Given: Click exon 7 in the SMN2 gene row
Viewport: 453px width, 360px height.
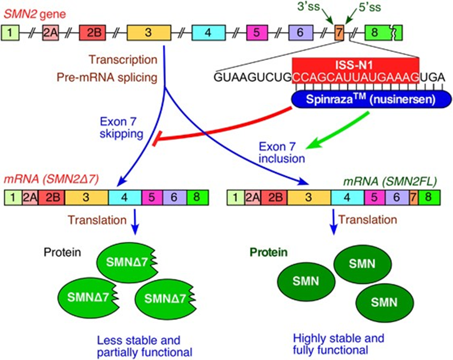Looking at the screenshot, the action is tap(339, 33).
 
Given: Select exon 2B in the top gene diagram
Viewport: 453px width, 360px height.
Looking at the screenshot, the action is tap(92, 33).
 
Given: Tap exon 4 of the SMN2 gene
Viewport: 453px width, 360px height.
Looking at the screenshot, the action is tap(209, 33).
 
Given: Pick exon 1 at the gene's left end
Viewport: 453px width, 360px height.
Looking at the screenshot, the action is tap(10, 33).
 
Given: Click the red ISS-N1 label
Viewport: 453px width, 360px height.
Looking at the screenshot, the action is tap(355, 65).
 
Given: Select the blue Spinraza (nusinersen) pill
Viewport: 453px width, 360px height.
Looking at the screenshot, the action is tap(371, 100).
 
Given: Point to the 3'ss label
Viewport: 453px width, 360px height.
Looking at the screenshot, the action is tap(308, 7).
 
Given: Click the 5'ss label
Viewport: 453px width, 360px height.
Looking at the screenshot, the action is tap(370, 8).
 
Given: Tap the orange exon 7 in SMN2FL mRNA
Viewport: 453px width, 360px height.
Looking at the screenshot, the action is tap(414, 198).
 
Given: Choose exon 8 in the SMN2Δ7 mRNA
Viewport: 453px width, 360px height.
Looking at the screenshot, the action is tap(198, 198).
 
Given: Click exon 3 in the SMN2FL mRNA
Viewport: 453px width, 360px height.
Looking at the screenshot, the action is tap(309, 198).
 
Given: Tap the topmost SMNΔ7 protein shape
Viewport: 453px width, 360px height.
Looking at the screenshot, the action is tap(128, 262).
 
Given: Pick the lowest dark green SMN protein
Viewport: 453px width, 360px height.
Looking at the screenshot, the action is tap(384, 303).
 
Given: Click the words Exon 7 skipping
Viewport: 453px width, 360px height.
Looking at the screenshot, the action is tap(121, 128).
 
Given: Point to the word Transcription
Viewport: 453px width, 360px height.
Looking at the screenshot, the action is tap(123, 60).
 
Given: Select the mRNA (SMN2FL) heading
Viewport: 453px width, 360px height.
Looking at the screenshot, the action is tap(390, 181).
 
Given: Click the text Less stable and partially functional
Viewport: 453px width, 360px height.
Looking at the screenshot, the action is tap(145, 347).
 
